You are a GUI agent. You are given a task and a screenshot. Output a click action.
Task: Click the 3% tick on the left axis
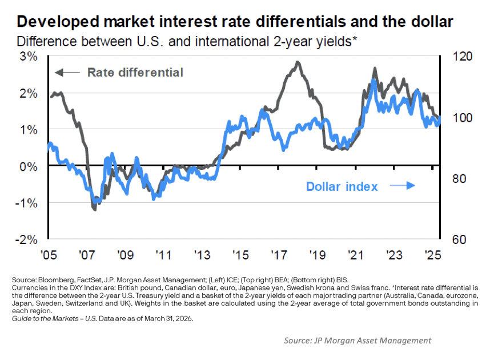point(29,57)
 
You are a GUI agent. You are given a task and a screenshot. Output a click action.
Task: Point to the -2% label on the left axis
point(27,240)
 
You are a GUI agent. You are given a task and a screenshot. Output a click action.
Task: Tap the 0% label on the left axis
point(29,166)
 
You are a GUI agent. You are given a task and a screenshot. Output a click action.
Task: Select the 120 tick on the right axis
point(463,57)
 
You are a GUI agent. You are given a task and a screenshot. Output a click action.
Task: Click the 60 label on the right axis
point(459,239)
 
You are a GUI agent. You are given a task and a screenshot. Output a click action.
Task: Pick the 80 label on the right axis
point(459,179)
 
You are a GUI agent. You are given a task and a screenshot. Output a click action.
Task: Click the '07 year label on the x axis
point(87,255)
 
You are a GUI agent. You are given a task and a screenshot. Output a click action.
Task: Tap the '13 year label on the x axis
point(202,255)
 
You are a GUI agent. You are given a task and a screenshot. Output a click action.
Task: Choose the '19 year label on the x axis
point(318,255)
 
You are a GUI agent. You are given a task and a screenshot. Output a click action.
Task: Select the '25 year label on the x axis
point(433,255)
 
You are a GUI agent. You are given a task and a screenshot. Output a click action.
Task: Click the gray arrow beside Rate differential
point(67,73)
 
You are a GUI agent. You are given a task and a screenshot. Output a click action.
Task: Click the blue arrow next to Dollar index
point(402,186)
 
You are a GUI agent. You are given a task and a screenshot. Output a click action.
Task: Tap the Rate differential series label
point(135,72)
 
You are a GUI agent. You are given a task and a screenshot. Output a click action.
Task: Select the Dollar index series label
point(342,186)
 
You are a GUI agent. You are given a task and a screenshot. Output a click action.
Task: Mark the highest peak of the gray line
point(297,62)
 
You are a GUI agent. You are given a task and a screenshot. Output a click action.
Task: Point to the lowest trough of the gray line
point(95,209)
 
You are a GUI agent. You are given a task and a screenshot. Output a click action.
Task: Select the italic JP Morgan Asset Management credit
point(358,341)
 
